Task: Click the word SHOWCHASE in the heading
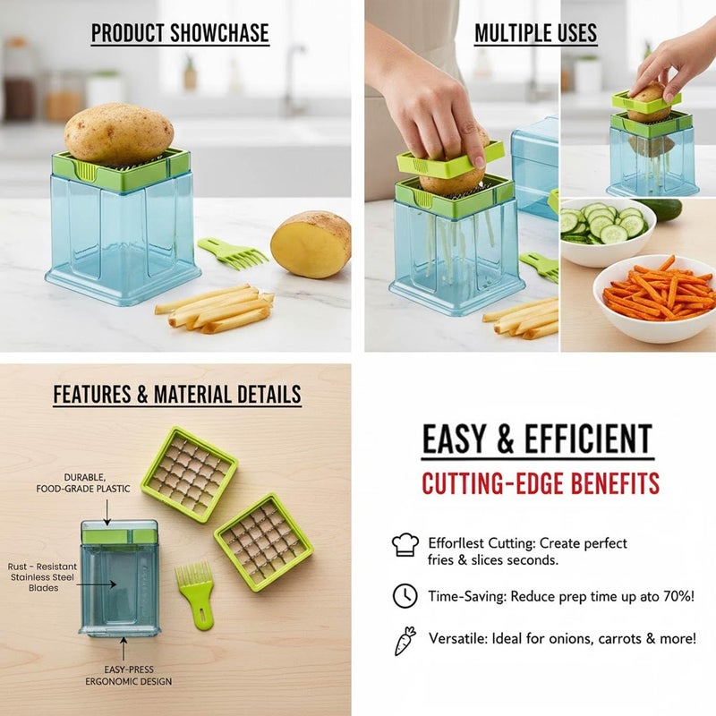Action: pyautogui.click(x=219, y=33)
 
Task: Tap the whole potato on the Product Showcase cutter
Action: pyautogui.click(x=119, y=133)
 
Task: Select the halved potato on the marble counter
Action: pyautogui.click(x=311, y=244)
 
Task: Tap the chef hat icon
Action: pyautogui.click(x=405, y=544)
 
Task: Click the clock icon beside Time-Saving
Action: pyautogui.click(x=405, y=595)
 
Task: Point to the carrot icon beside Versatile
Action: pyautogui.click(x=405, y=641)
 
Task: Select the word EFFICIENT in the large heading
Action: pyautogui.click(x=588, y=439)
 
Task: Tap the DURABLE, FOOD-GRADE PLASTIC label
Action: pyautogui.click(x=83, y=483)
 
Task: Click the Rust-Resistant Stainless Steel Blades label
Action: pyautogui.click(x=42, y=577)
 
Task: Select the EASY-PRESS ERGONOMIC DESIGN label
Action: pyautogui.click(x=129, y=676)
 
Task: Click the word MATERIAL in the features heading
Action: pyautogui.click(x=193, y=395)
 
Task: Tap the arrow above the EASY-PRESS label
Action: pyautogui.click(x=124, y=649)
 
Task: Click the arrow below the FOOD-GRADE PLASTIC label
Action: pyautogui.click(x=107, y=512)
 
